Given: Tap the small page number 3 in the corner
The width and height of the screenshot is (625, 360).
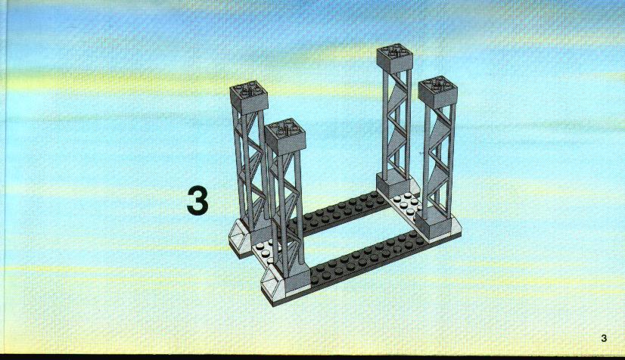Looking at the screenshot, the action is [604, 338].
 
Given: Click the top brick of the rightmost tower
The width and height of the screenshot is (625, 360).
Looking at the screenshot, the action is [437, 92].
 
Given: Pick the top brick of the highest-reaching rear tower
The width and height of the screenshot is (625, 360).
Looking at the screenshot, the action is [395, 58].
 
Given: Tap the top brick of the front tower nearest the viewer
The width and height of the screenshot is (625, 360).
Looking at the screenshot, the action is [285, 137].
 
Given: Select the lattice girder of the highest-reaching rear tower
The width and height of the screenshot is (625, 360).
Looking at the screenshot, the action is [396, 123].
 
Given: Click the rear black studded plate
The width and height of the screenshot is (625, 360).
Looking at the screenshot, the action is [339, 213].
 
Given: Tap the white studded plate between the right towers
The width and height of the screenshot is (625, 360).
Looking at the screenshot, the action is [406, 204].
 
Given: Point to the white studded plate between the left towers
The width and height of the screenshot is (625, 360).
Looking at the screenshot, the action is [264, 250].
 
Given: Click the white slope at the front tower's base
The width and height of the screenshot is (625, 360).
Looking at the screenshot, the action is [275, 284].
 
